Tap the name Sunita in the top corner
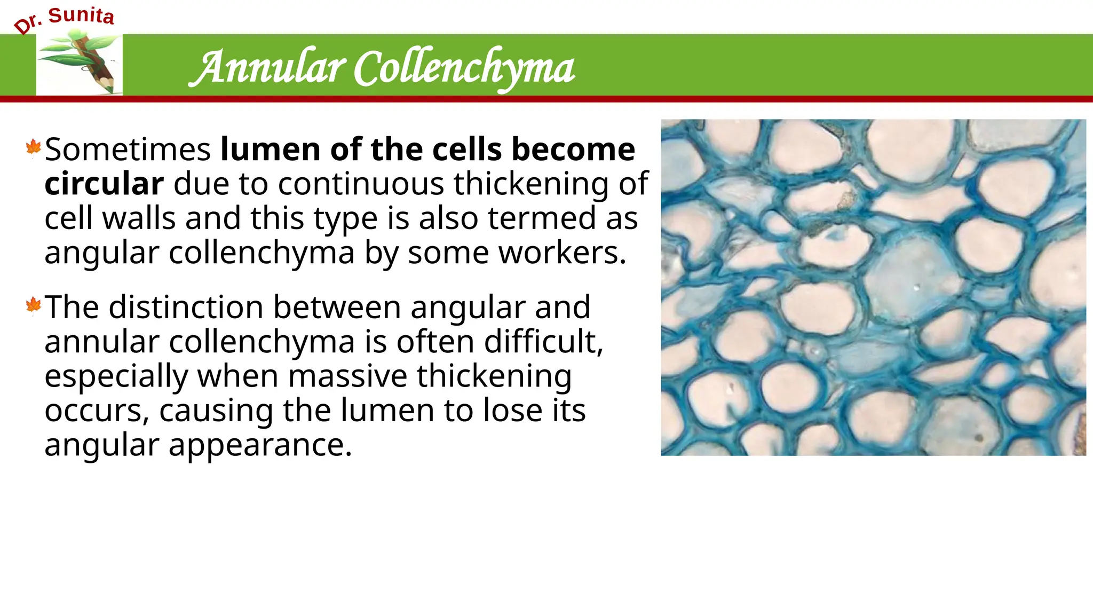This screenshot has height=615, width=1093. [81, 15]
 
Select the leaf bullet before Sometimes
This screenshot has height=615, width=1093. [33, 147]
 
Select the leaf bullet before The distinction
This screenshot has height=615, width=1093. [33, 305]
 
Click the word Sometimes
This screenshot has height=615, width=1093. [128, 149]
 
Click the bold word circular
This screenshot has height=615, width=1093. [104, 184]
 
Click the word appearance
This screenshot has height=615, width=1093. [260, 445]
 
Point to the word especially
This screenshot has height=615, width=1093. [116, 377]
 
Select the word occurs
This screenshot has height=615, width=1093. [97, 411]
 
